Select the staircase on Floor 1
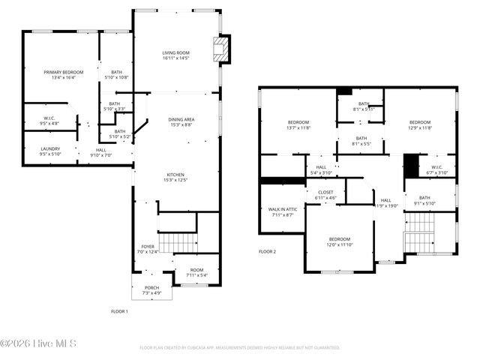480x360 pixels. click(178, 243)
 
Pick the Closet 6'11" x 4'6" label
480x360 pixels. click(325, 195)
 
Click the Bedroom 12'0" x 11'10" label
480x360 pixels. click(339, 241)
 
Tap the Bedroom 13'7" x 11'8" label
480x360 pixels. click(298, 125)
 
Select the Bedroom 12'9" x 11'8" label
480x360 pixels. click(420, 125)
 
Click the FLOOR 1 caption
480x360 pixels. click(119, 311)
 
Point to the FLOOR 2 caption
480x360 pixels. click(268, 252)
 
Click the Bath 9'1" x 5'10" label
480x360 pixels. click(424, 200)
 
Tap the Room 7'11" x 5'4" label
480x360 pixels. click(196, 272)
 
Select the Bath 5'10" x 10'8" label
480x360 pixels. click(115, 75)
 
